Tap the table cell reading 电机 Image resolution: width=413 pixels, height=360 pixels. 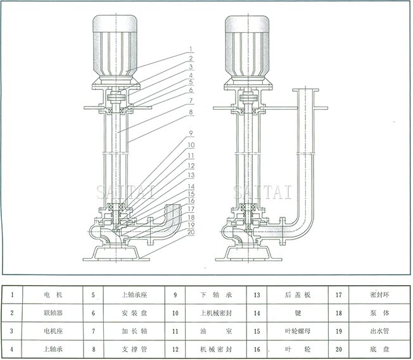coord(53,295)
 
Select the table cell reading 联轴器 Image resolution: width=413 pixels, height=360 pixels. coord(53,312)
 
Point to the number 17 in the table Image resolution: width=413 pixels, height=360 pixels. coord(338,295)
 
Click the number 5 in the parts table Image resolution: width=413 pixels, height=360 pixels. coord(93,295)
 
